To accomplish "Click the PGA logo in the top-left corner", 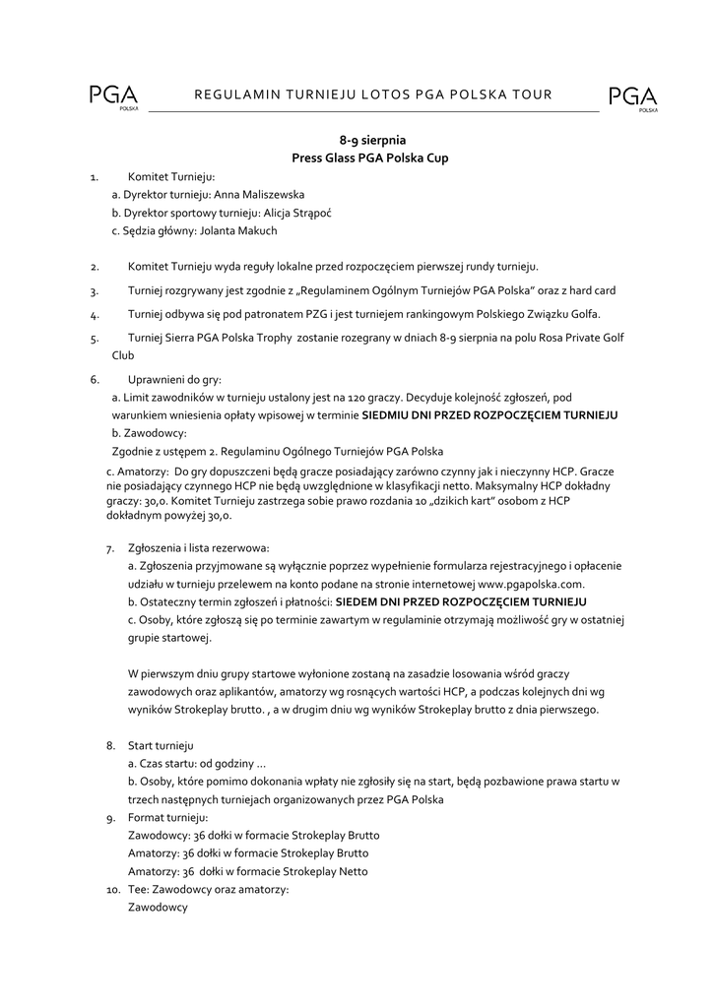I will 113,97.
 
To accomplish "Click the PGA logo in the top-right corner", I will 632,97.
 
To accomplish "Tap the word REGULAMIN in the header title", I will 236,94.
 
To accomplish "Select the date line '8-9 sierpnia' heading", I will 369,141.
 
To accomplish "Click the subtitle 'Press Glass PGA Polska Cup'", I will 369,158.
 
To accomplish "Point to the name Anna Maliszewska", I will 265,195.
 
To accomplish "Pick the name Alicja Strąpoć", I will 296,213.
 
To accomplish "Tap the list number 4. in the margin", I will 95,316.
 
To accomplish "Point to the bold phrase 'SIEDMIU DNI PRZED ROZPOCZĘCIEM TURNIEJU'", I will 489,415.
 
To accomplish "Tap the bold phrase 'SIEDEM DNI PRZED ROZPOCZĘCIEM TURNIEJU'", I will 461,600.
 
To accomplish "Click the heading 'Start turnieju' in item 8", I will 161,745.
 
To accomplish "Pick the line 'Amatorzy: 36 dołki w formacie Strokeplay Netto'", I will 248,871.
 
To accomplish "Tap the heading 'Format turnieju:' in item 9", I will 168,818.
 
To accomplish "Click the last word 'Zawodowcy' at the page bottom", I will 158,908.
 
